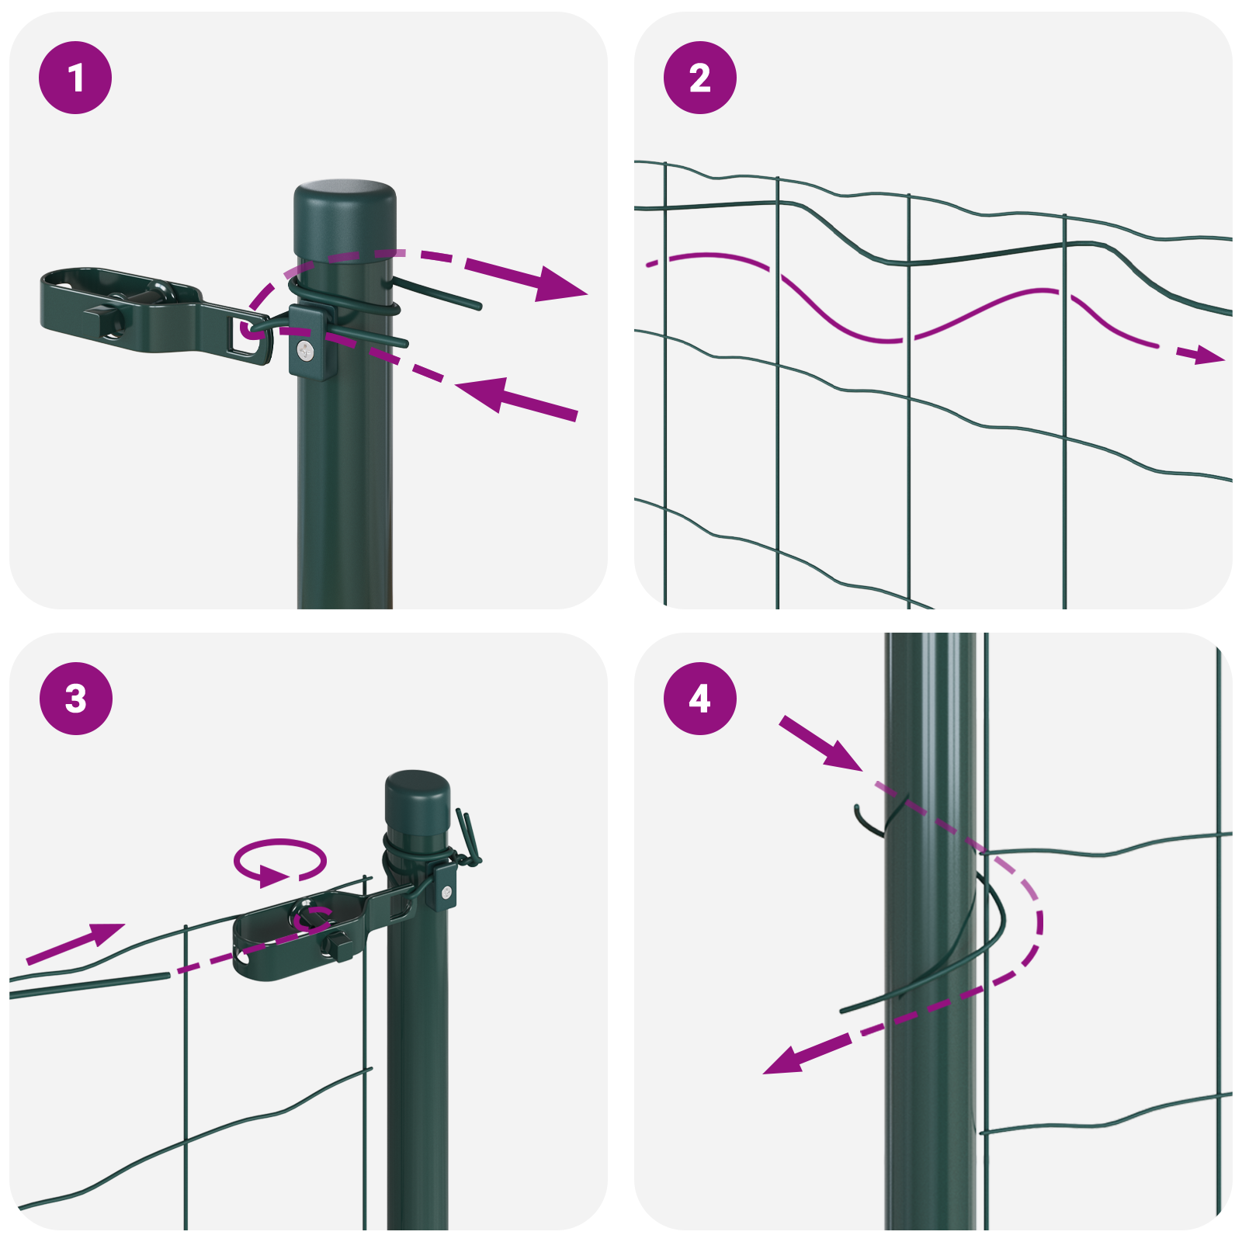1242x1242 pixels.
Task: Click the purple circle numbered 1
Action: coord(75,78)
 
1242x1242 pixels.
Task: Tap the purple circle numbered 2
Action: coord(699,78)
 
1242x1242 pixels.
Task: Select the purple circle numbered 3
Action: coord(75,698)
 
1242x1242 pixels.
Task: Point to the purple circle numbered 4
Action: coord(699,698)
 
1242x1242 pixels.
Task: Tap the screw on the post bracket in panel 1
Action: coord(306,352)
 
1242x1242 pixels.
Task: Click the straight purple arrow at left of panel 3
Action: coord(76,942)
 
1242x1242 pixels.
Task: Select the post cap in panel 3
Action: coord(418,800)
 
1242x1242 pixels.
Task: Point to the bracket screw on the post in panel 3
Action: coord(446,893)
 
